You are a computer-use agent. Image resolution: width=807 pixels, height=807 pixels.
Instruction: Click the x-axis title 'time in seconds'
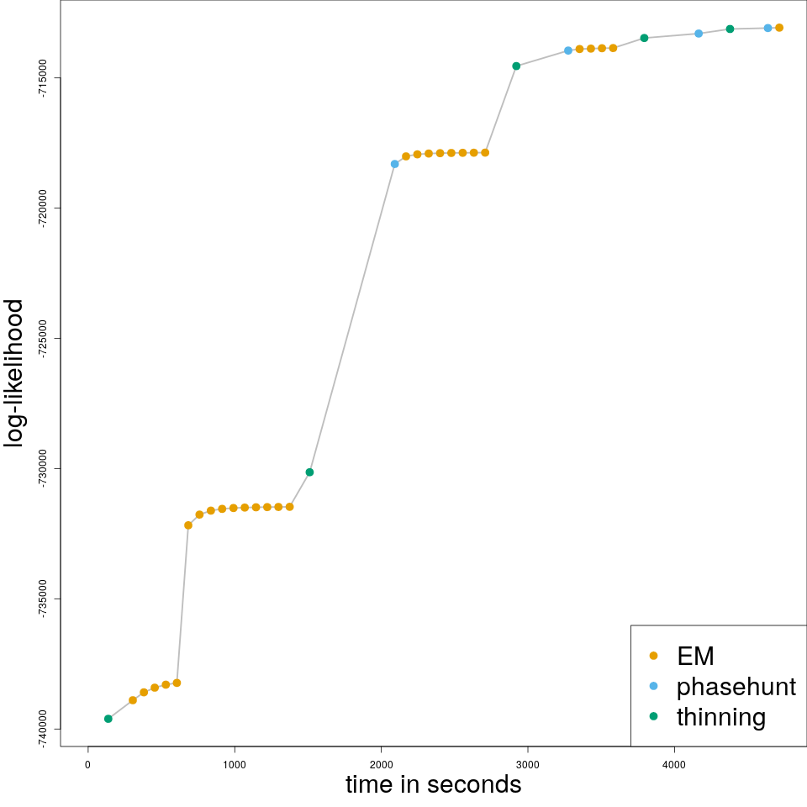(x=433, y=784)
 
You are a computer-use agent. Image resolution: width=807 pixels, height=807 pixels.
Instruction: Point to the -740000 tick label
(x=43, y=729)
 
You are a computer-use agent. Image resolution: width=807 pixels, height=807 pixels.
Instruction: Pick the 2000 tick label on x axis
(x=381, y=764)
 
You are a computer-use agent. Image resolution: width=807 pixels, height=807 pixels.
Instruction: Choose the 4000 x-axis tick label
(x=674, y=764)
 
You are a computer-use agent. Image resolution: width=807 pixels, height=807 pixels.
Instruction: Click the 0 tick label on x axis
(x=87, y=764)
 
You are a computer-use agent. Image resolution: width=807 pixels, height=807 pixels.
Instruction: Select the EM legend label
(x=695, y=656)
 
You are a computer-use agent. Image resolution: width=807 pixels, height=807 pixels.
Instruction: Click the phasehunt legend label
(x=736, y=687)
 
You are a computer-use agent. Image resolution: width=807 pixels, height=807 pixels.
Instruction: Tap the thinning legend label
(x=720, y=717)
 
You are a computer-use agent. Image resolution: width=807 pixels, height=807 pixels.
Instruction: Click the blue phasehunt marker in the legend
(x=653, y=686)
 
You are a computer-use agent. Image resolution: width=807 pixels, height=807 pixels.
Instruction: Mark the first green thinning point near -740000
(x=108, y=719)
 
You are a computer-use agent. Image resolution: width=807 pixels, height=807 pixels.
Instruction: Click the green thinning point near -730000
(x=309, y=472)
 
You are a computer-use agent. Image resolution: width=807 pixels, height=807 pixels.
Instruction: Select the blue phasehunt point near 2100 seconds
(x=394, y=164)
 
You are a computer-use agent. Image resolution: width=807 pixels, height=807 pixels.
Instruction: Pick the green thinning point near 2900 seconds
(x=516, y=66)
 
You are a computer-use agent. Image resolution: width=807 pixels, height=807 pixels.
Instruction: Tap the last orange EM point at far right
(x=779, y=28)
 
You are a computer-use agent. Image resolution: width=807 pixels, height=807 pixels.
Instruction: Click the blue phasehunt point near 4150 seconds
(x=699, y=34)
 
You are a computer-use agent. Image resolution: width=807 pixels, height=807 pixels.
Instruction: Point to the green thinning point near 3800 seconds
(x=644, y=38)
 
